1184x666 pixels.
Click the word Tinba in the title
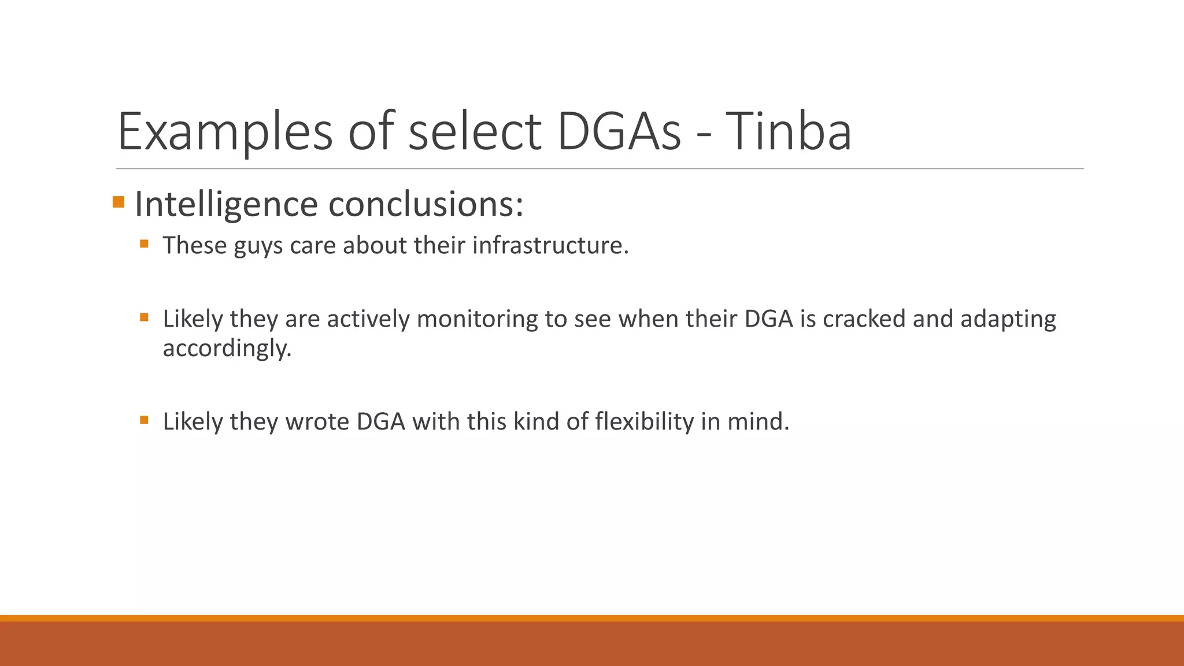788,132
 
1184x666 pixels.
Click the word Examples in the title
225,132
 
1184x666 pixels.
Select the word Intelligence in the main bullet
226,205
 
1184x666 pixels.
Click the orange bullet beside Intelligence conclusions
119,202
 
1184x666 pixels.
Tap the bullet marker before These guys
144,244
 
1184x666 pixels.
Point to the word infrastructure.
550,245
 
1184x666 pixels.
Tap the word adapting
1008,319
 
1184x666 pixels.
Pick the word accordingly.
227,349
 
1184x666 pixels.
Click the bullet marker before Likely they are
144,317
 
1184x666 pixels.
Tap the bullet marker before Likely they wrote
144,420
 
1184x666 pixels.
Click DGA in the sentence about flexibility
381,421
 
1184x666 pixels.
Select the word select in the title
475,132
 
